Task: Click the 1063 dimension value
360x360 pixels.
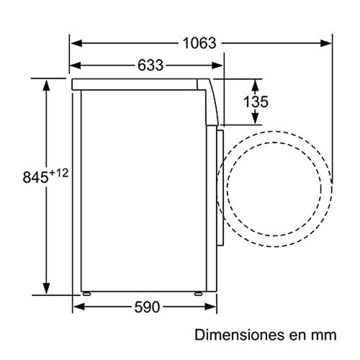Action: pos(199,43)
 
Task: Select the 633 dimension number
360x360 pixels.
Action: pos(150,66)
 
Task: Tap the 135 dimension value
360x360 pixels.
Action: pos(256,102)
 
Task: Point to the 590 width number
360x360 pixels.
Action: pos(147,307)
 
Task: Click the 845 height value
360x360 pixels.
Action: pos(35,178)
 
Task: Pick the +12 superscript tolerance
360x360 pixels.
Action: pos(59,173)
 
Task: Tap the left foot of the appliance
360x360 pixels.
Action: pos(86,293)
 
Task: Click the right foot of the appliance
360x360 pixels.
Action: pos(198,293)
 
